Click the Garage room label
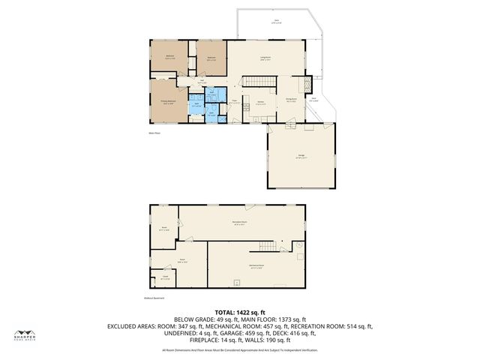point(299,157)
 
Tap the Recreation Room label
point(241,223)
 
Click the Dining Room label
point(292,99)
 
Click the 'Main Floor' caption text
point(154,133)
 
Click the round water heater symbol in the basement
point(298,244)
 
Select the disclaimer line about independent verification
point(239,349)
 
